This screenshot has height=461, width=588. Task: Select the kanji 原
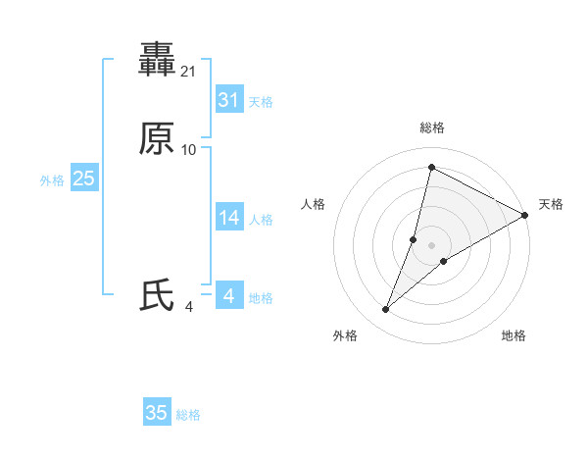(157, 138)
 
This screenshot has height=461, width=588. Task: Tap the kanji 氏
(157, 295)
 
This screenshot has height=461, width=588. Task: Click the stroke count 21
(190, 72)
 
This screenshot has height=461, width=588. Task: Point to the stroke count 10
(189, 149)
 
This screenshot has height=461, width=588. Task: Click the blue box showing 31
(228, 100)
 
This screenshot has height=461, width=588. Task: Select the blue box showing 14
(228, 218)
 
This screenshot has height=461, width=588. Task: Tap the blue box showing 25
(84, 179)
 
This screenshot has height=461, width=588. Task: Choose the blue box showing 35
(157, 413)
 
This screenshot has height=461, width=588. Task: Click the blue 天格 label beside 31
(261, 102)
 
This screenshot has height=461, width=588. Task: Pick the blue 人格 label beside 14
(261, 220)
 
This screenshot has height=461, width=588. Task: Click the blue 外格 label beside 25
(52, 180)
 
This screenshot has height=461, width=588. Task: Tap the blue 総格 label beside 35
(188, 415)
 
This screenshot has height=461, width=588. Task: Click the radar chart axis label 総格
(432, 128)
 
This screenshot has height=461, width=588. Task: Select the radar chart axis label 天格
(551, 204)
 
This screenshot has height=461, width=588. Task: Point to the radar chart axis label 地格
(514, 335)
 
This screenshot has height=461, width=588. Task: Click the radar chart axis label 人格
(314, 204)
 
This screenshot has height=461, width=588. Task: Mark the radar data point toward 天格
(525, 215)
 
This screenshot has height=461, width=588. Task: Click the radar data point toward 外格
(386, 310)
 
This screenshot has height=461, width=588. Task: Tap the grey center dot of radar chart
(432, 245)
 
